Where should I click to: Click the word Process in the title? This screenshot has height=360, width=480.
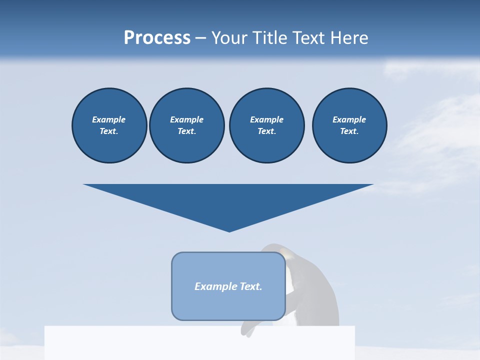157,38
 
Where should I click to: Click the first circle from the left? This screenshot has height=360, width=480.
109,125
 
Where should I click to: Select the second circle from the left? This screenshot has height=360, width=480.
186,125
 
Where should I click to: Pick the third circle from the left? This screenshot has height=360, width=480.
266,125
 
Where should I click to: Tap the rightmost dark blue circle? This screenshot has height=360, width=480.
349,125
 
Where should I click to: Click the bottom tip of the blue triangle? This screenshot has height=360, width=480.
229,231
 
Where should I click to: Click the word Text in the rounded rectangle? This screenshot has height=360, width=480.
251,286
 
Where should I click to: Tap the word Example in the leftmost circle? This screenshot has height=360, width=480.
109,119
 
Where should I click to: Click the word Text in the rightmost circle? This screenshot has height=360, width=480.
349,131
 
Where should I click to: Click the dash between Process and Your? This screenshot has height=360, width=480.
200,38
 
